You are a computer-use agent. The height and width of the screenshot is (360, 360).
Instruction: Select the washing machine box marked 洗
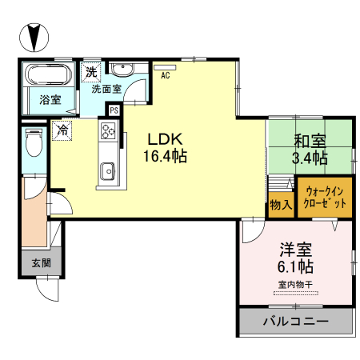click(91, 70)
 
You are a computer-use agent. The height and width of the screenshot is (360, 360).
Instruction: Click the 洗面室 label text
click(106, 89)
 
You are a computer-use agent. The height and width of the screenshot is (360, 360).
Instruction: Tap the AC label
click(166, 76)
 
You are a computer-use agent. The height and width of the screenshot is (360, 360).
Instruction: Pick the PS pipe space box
click(114, 110)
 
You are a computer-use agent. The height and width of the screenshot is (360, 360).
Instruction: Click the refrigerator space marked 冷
click(62, 129)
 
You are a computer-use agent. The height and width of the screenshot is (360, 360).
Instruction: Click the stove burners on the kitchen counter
click(107, 130)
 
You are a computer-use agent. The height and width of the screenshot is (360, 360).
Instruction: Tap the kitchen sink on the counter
click(106, 170)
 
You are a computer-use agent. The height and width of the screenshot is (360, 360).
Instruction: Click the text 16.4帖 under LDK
click(166, 157)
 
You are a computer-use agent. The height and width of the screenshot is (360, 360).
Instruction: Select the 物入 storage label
click(279, 205)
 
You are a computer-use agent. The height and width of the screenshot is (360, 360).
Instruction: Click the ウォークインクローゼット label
click(325, 198)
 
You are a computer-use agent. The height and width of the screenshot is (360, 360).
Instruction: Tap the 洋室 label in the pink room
click(295, 249)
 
